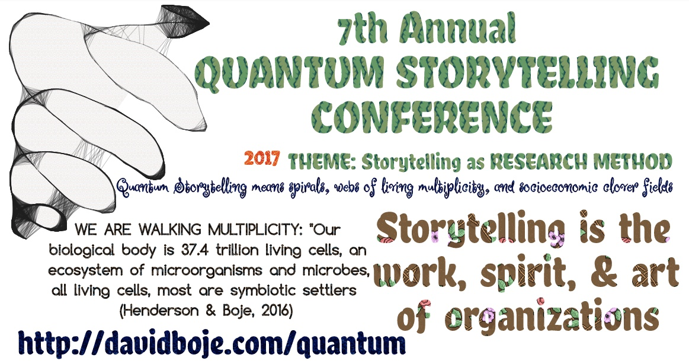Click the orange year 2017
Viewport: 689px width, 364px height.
pos(262,158)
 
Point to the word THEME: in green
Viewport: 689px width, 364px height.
pos(322,162)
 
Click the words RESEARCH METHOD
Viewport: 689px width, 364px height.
pos(581,161)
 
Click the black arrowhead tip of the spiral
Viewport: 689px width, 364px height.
pos(209,21)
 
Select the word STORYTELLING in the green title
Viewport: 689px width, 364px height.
pos(527,72)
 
